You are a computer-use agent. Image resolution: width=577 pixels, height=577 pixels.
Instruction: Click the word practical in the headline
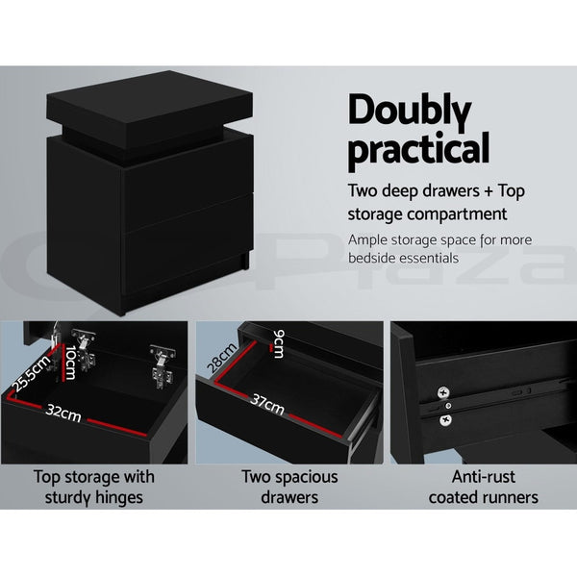418,151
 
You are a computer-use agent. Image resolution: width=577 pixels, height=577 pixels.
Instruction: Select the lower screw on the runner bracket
444,419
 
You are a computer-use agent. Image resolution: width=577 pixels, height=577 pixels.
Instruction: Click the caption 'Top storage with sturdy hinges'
93,486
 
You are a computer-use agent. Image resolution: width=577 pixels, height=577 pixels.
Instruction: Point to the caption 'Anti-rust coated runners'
483,486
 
